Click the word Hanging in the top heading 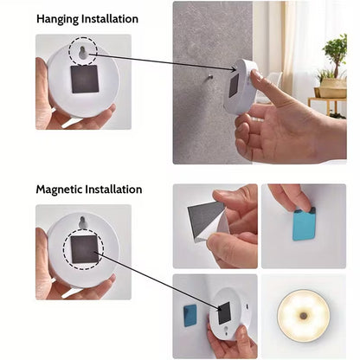[57, 19]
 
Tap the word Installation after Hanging [110, 19]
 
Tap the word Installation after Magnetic [113, 190]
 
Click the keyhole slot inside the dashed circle [83, 52]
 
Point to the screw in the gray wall [210, 77]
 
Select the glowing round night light [303, 316]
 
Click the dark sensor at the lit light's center [303, 316]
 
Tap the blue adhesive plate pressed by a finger [304, 224]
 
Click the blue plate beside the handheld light [190, 315]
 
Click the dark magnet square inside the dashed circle [84, 249]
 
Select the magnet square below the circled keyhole [85, 79]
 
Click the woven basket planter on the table [332, 87]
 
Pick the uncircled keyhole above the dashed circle [82, 222]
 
